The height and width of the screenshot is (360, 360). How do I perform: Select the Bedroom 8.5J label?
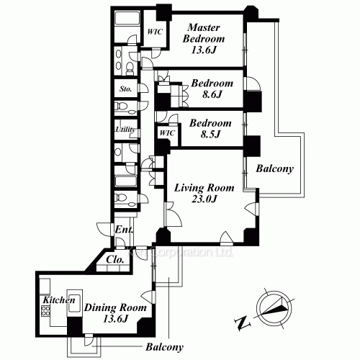coord(210,128)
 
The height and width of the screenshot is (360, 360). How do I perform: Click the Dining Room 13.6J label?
coord(116,313)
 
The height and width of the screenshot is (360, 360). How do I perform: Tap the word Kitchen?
coord(56,299)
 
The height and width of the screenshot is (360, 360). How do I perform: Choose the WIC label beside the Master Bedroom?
coord(154,32)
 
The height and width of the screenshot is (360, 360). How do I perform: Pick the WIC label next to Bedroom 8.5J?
coord(166,133)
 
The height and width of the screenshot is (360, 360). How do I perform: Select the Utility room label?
coord(126,130)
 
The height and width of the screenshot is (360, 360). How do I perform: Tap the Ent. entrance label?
coord(123,230)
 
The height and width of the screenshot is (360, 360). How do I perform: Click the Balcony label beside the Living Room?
coord(274,170)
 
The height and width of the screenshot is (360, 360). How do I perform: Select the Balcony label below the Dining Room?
coord(165,347)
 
